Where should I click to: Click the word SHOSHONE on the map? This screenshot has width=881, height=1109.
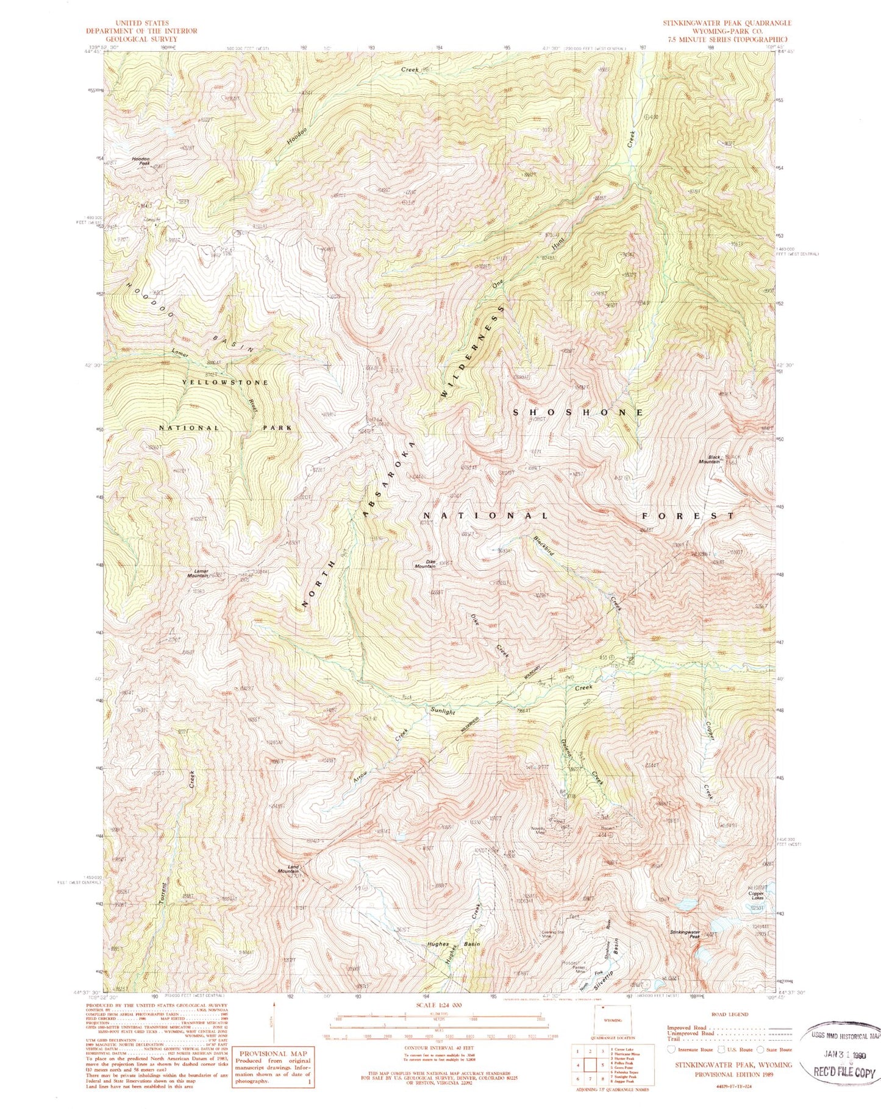[x=578, y=413]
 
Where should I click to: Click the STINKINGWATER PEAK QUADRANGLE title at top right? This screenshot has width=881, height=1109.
[x=727, y=23]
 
